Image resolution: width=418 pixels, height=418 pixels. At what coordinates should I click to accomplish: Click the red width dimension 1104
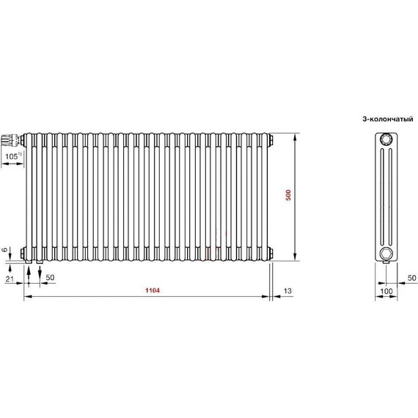tap(153, 290)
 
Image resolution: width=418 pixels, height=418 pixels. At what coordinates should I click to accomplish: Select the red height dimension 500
tap(288, 195)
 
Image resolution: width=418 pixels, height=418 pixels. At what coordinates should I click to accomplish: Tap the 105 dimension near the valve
tap(12, 156)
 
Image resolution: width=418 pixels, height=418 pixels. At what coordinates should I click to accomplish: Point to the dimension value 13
tap(287, 290)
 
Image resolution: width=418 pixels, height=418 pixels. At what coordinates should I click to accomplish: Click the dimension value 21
tap(10, 279)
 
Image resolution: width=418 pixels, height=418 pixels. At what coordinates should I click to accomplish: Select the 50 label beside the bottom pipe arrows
tap(50, 277)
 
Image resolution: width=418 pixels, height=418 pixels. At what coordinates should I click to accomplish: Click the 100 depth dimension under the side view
tap(386, 291)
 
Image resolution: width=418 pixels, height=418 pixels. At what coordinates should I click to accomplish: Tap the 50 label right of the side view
tap(412, 278)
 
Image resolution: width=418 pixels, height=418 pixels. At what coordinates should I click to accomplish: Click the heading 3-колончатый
tap(388, 119)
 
